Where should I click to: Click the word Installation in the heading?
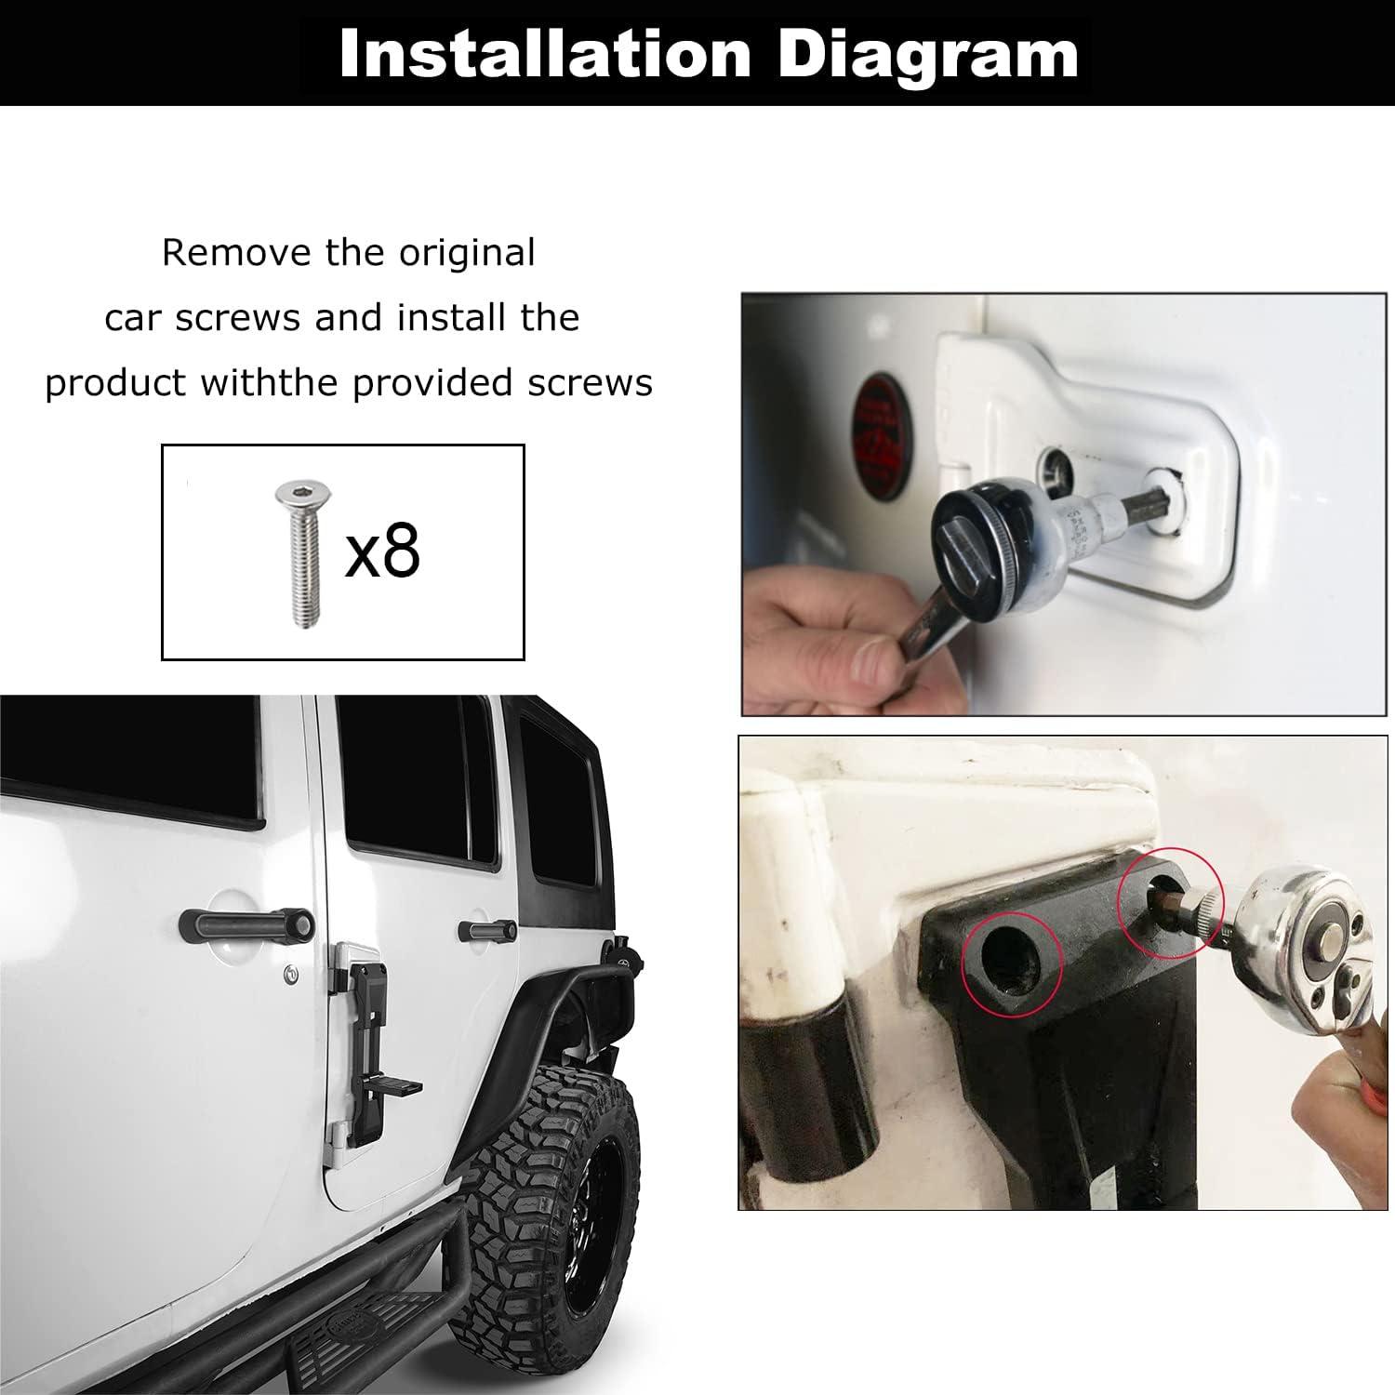pos(545,54)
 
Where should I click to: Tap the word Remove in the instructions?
pos(236,253)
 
